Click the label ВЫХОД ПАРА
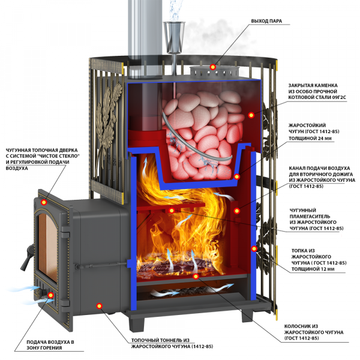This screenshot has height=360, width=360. (266, 21)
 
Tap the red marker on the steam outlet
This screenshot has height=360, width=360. (213, 67)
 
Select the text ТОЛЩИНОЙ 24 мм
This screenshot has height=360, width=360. (310, 139)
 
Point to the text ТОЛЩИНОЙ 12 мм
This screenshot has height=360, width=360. (313, 269)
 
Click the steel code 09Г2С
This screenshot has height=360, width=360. (339, 97)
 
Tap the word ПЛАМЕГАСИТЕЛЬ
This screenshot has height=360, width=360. (310, 216)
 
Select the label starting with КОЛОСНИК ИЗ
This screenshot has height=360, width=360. (314, 332)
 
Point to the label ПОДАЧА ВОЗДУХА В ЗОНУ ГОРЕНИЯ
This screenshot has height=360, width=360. (50, 345)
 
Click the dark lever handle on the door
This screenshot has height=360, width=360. (27, 257)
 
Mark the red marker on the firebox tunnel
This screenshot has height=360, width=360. (99, 305)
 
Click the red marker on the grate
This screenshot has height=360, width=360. (196, 277)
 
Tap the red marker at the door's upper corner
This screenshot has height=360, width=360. (44, 202)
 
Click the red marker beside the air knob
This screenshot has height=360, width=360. (50, 295)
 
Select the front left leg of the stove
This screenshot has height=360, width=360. (137, 324)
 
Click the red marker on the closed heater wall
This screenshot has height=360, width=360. (251, 115)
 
